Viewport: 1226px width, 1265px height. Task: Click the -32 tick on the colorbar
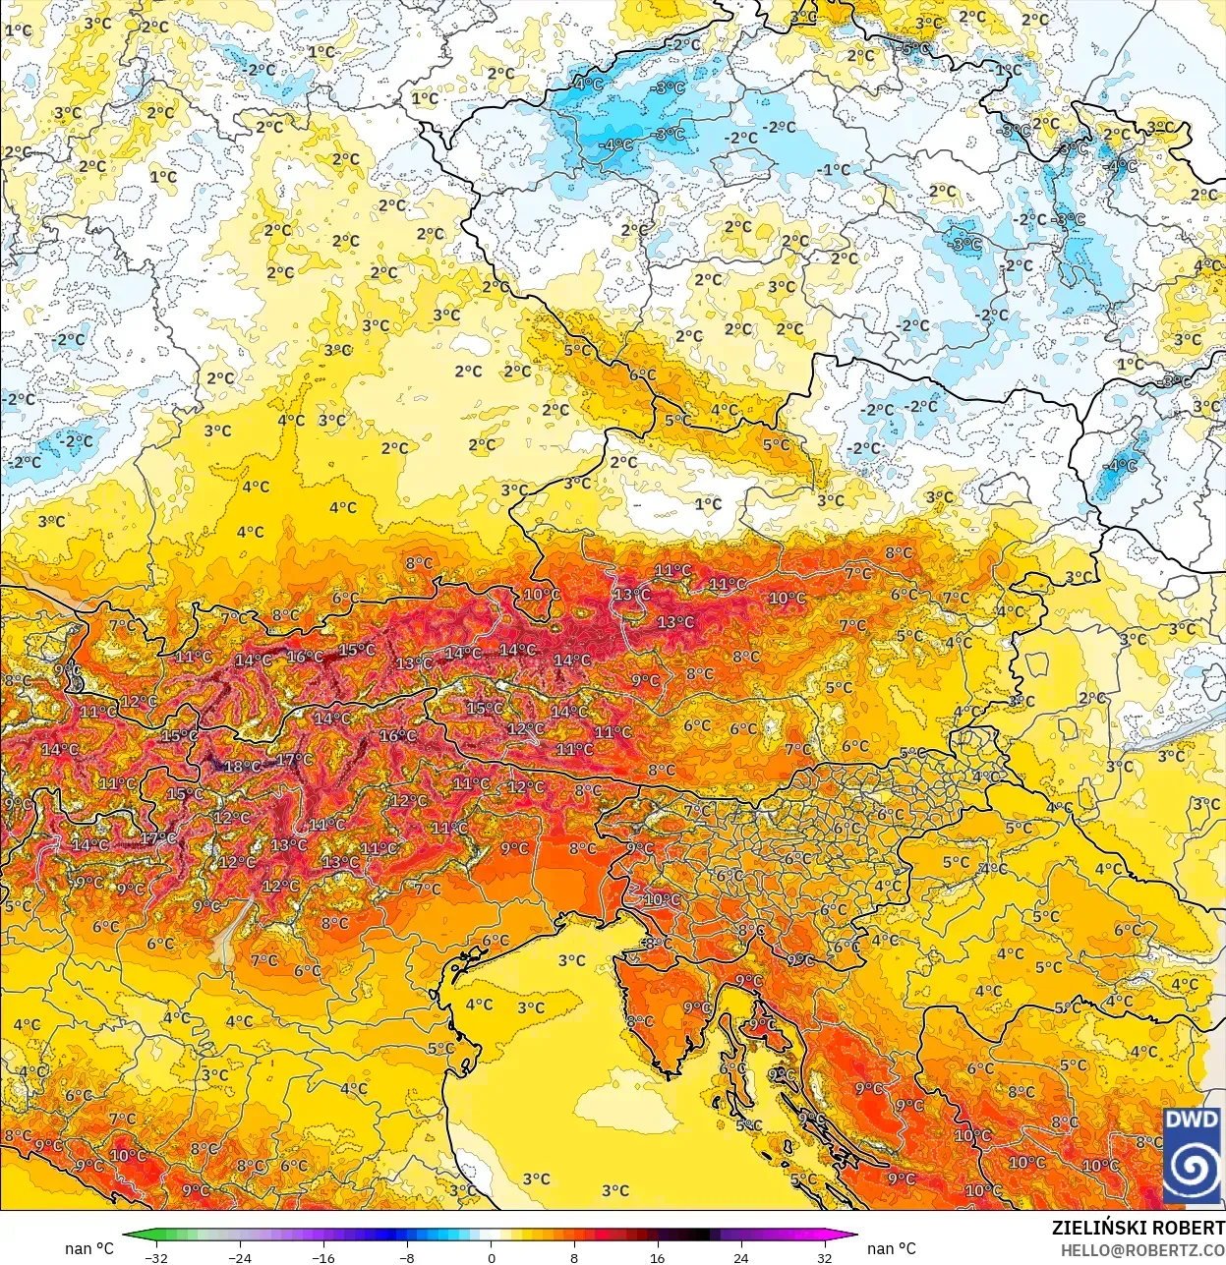pos(155,1257)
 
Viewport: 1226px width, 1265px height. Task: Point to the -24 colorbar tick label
pos(239,1257)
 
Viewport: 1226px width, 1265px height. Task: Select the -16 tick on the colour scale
pos(322,1257)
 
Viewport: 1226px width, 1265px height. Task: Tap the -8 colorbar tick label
pos(407,1257)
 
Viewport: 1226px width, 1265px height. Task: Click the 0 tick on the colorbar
pos(491,1257)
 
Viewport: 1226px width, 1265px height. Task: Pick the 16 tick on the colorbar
pos(657,1257)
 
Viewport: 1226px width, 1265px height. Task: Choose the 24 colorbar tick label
pos(740,1257)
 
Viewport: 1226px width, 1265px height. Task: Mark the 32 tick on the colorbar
pos(824,1257)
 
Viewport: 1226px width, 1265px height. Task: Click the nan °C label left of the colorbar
pos(89,1248)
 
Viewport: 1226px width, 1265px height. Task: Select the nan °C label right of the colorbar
pos(891,1248)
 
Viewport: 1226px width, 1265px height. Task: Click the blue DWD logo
pos(1192,1156)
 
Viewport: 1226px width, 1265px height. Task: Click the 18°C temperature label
pos(242,767)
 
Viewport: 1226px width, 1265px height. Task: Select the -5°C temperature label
pos(914,48)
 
